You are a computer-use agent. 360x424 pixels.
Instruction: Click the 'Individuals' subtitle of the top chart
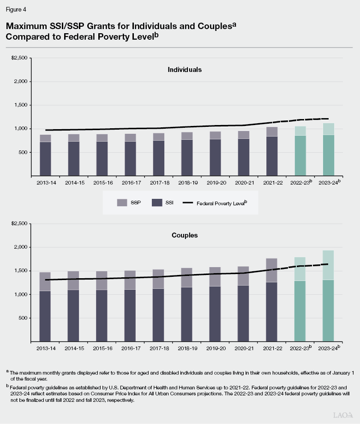click(185, 70)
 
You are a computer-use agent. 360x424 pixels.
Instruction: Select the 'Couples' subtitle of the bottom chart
click(185, 235)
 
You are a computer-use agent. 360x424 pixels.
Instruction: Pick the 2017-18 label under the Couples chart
click(158, 348)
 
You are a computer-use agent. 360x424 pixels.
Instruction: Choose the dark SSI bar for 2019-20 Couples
click(215, 314)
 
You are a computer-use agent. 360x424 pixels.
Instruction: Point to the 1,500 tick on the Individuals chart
click(21, 105)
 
